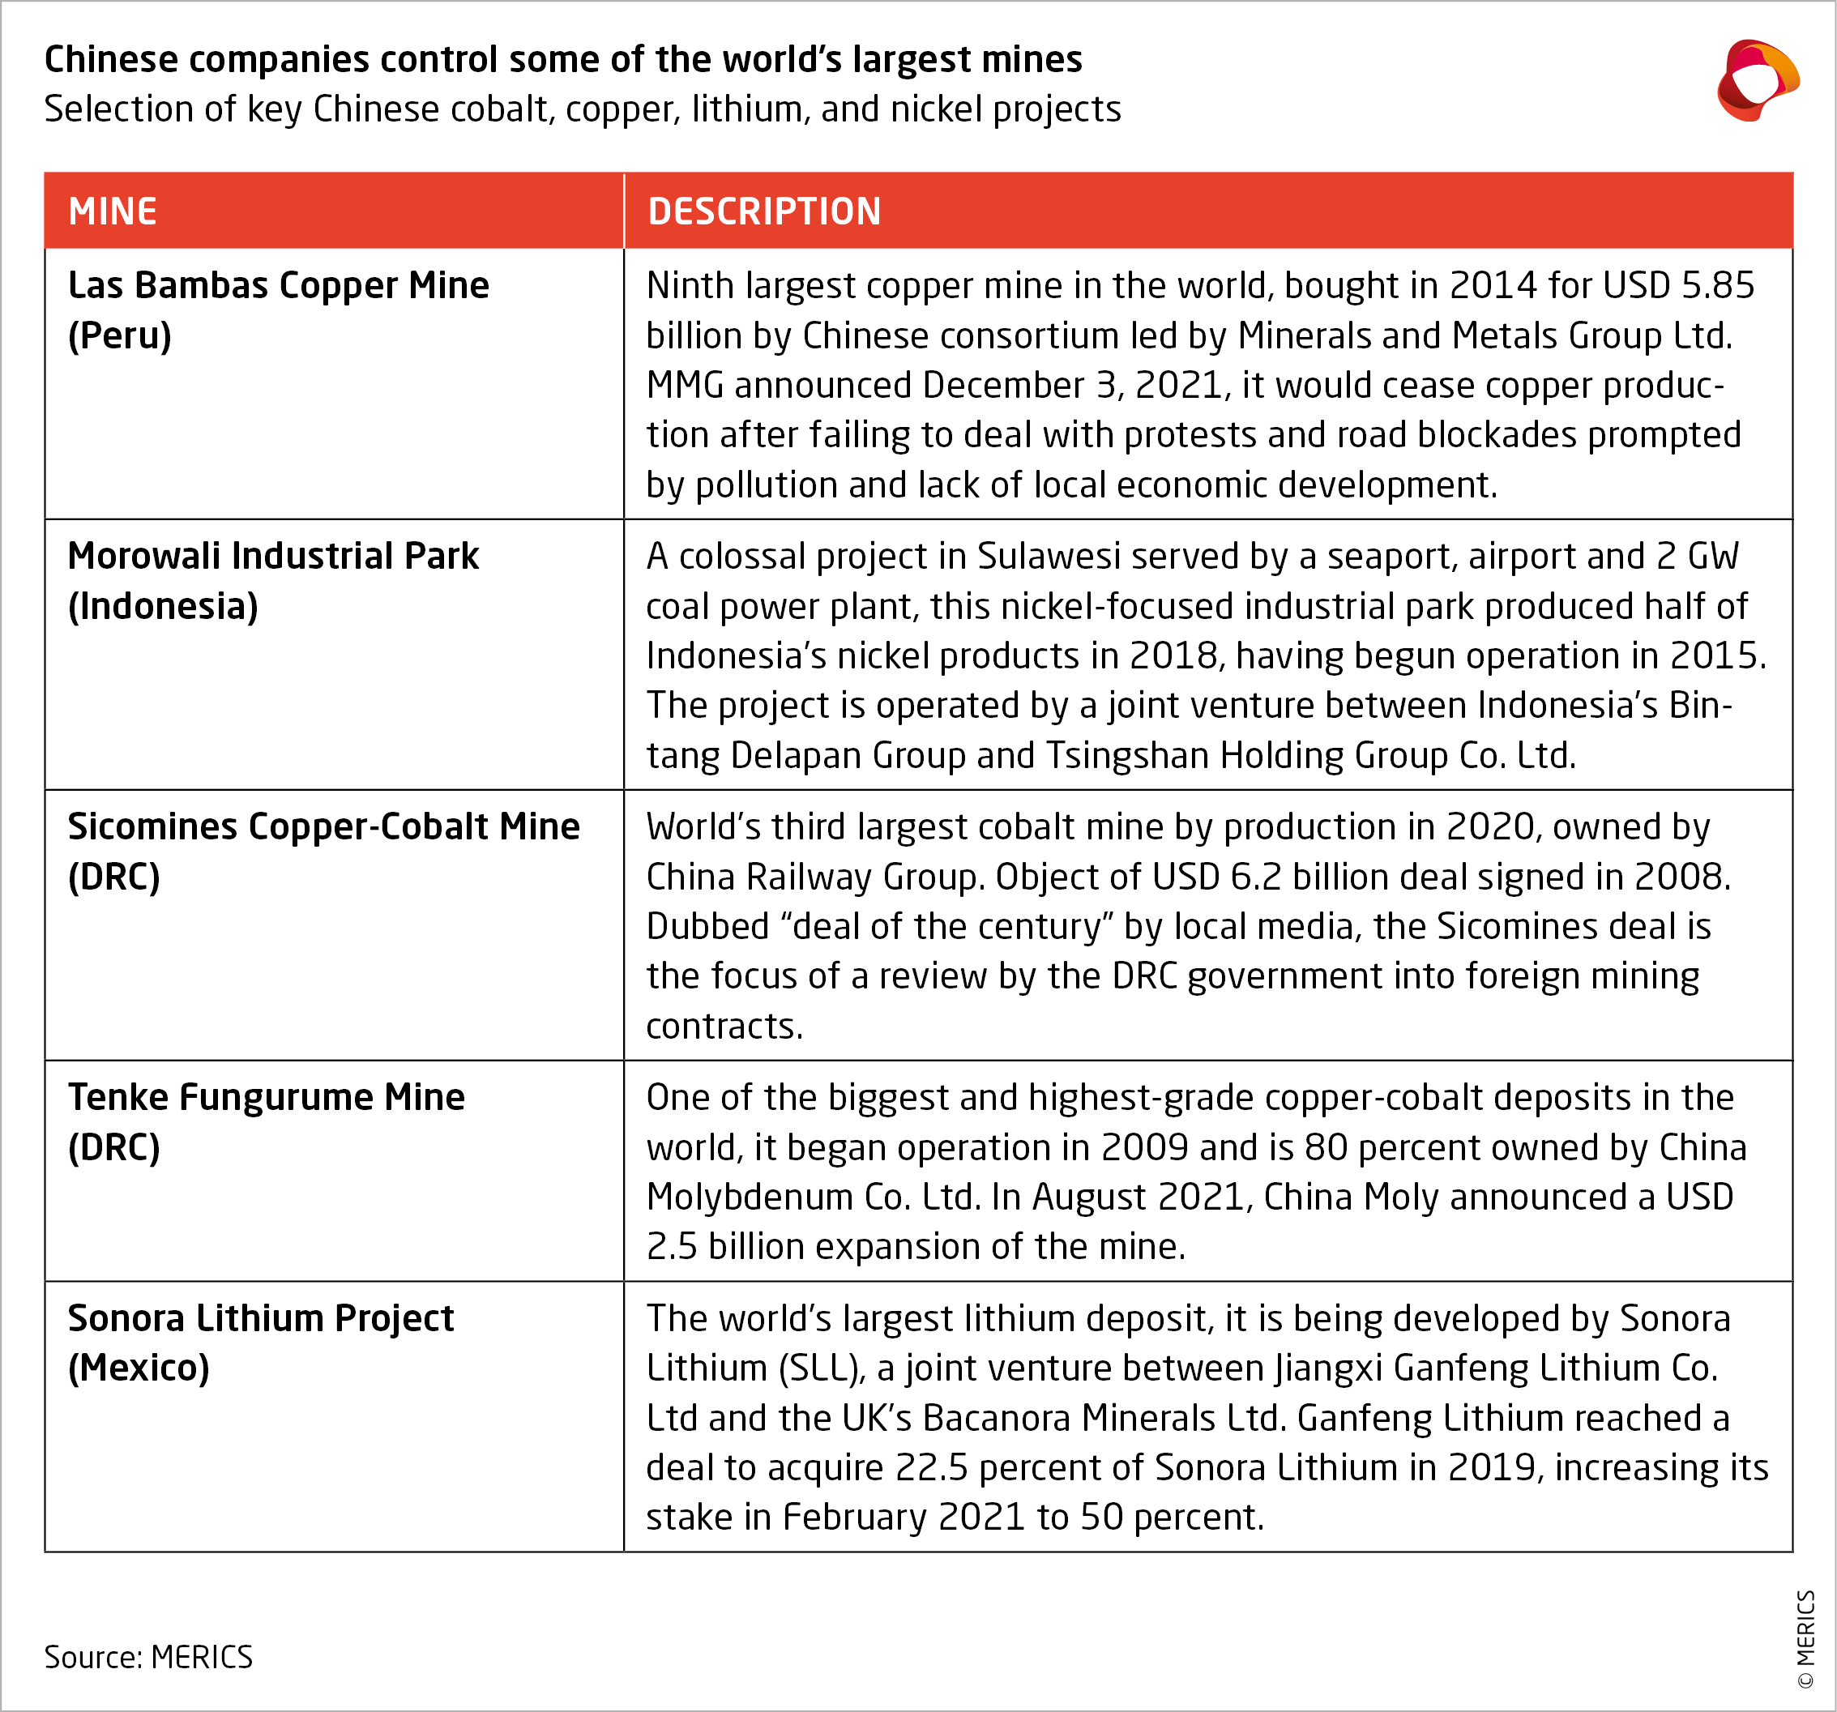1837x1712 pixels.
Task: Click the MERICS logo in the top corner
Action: pos(1757,80)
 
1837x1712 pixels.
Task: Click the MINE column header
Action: pos(113,211)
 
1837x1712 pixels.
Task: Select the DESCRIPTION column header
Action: pos(764,211)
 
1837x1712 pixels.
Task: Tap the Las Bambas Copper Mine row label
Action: pos(278,310)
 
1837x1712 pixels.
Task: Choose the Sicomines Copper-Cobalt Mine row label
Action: pos(323,850)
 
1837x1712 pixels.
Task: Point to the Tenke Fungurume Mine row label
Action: pos(266,1121)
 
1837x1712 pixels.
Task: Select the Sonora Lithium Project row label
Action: pos(261,1342)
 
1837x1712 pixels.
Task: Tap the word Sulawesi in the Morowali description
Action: pos(1049,556)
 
